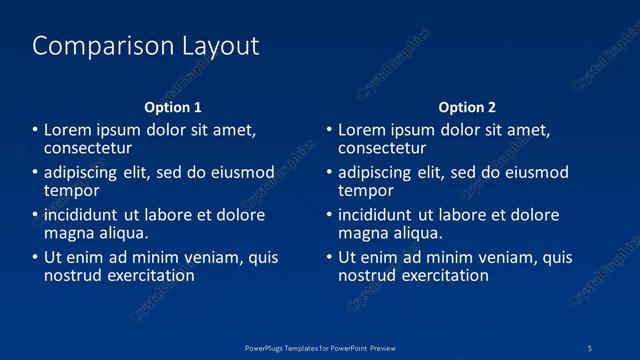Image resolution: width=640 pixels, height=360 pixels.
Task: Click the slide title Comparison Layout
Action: (x=146, y=46)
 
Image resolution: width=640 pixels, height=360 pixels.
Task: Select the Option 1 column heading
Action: (x=173, y=107)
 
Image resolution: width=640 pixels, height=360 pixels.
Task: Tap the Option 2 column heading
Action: (x=467, y=107)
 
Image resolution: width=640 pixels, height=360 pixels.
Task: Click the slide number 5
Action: (x=591, y=347)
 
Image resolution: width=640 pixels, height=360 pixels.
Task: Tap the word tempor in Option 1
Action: (x=72, y=190)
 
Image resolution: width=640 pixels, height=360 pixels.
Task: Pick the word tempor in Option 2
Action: (x=366, y=190)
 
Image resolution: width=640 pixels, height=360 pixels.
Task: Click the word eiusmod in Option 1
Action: (x=240, y=172)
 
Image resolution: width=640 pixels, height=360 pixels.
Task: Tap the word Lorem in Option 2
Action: (x=361, y=130)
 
